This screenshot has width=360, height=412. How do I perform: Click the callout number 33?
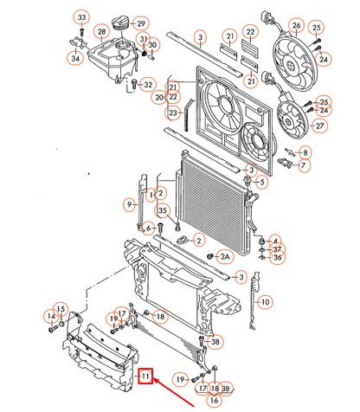pos(81,18)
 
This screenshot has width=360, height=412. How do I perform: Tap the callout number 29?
pos(141,23)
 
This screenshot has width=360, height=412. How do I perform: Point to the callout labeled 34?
pos(75,58)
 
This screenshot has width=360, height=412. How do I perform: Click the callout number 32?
pos(148,84)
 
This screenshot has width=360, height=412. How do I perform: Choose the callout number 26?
pos(296,26)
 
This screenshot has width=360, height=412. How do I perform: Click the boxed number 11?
pos(146,377)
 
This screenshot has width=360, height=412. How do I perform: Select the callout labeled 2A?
pos(224,257)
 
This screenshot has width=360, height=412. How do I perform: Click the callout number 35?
pos(161,210)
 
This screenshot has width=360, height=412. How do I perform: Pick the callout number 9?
pos(130,205)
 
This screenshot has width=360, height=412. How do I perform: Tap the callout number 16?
pos(214,400)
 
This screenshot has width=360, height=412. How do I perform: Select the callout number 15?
pos(61,309)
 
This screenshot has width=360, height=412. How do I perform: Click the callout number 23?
pos(173,113)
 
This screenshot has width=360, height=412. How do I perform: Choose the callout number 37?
pos(277,248)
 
